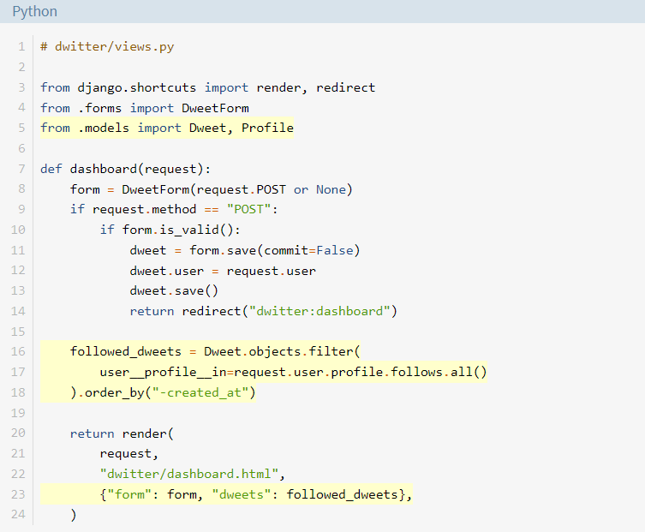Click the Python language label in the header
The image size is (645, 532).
pyautogui.click(x=34, y=11)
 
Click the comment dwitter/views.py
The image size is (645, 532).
pyautogui.click(x=107, y=46)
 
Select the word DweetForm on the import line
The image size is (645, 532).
pyautogui.click(x=215, y=108)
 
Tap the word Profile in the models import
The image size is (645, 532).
pyautogui.click(x=267, y=128)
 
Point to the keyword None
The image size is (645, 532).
pyautogui.click(x=331, y=189)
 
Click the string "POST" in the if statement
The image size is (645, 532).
pyautogui.click(x=249, y=209)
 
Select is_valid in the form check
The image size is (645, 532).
pyautogui.click(x=189, y=230)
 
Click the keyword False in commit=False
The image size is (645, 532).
pyautogui.click(x=334, y=250)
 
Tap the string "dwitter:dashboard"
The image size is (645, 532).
pyautogui.click(x=320, y=311)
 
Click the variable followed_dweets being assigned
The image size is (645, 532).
pyautogui.click(x=125, y=351)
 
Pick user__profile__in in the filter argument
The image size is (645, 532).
pyautogui.click(x=163, y=372)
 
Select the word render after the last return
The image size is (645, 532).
pyautogui.click(x=145, y=433)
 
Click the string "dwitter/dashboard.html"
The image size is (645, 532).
pyautogui.click(x=189, y=474)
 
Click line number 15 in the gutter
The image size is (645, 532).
pyautogui.click(x=18, y=332)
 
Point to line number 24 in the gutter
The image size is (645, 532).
pyautogui.click(x=18, y=514)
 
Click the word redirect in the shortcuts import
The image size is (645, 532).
pyautogui.click(x=345, y=87)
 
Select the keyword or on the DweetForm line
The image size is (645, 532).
pyautogui.click(x=301, y=189)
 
